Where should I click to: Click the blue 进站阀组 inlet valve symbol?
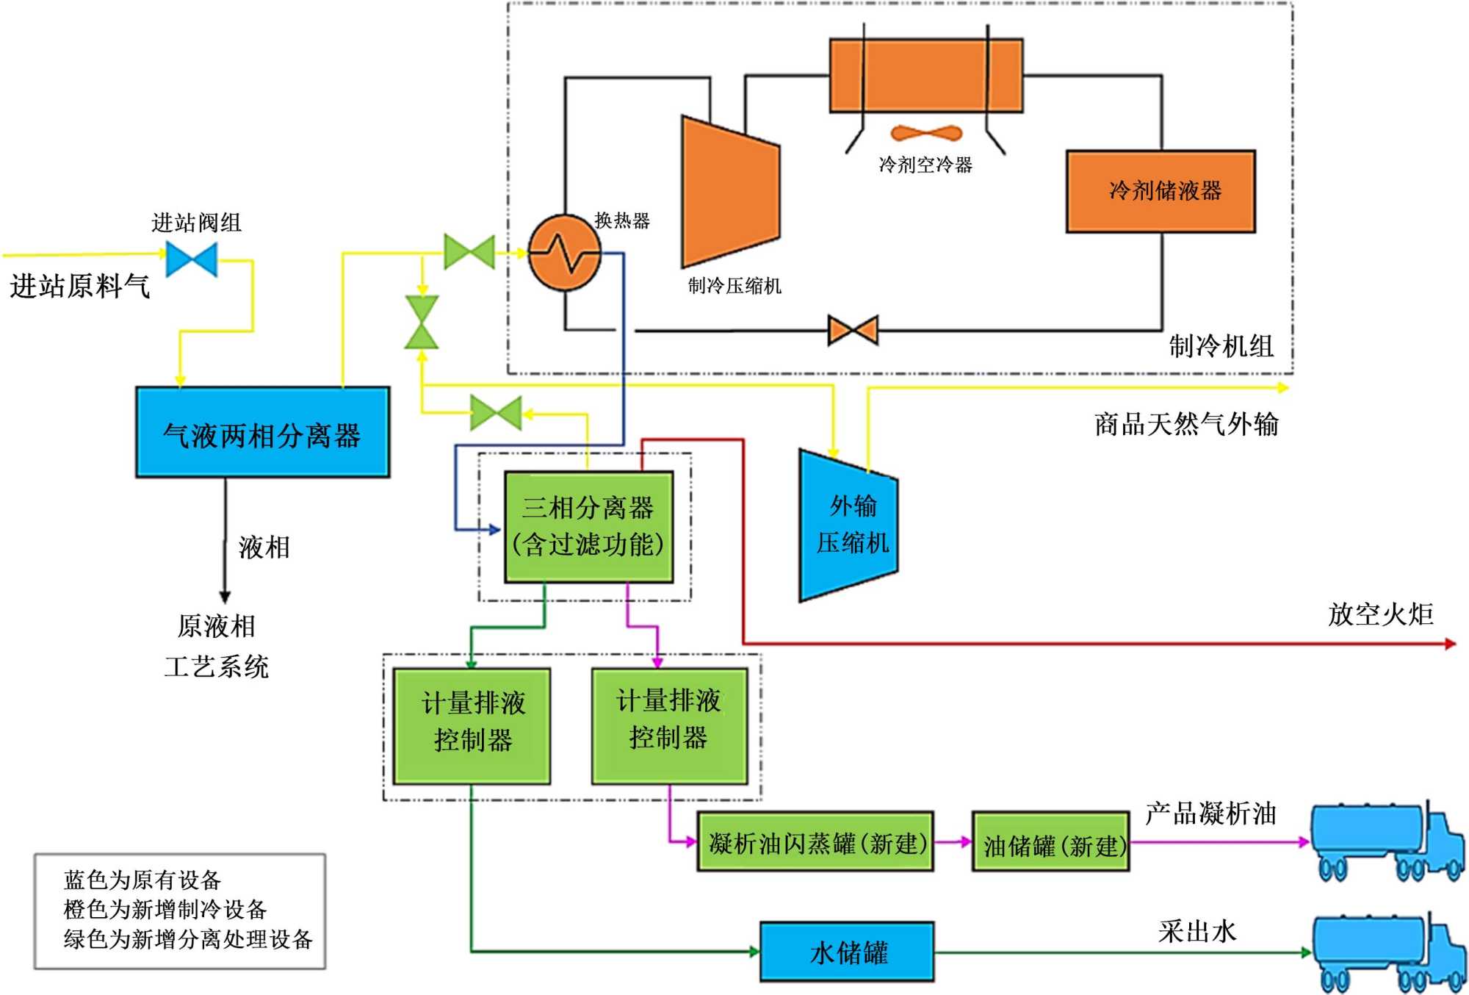tap(192, 259)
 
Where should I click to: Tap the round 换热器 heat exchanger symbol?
tap(564, 253)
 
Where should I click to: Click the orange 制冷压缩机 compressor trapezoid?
tap(730, 192)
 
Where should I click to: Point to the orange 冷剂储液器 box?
tap(1161, 191)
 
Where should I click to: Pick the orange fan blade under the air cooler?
tap(925, 134)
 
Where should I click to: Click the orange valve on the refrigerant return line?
tap(853, 330)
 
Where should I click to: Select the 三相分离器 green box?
tap(588, 526)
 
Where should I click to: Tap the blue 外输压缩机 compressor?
tap(849, 525)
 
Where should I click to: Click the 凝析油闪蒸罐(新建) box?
tap(815, 842)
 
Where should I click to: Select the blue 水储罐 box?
tap(847, 952)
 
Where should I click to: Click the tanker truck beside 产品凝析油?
tap(1385, 841)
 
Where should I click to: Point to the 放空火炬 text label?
tap(1380, 614)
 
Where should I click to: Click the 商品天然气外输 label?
tap(1186, 424)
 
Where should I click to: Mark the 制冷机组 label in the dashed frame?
tap(1221, 345)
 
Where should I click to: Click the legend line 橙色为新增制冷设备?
tap(165, 910)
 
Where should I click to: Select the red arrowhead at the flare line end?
tap(1450, 644)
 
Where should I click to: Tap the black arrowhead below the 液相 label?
tap(225, 597)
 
